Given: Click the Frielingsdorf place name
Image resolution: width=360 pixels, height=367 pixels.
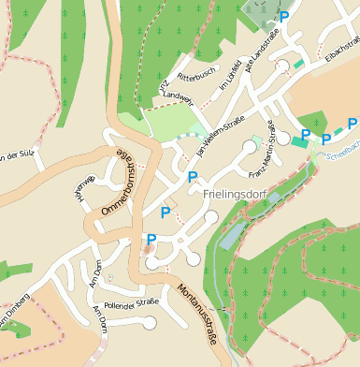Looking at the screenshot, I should (x=236, y=194).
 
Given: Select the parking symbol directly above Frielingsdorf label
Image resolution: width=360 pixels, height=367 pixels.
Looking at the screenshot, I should (x=193, y=177).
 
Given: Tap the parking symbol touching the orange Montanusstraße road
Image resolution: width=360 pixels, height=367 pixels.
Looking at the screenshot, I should (x=151, y=241).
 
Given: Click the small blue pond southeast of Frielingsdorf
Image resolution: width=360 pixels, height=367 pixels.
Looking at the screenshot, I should (x=229, y=235).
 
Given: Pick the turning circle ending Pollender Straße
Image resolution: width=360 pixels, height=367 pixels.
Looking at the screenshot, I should (x=151, y=323).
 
